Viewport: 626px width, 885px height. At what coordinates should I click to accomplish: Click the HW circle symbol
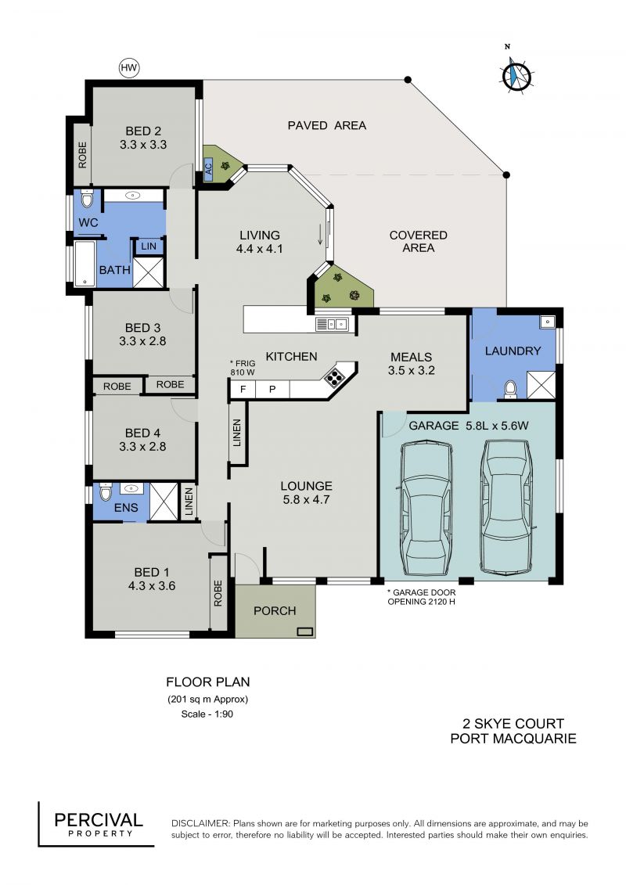click(129, 68)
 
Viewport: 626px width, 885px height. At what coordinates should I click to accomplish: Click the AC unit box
click(207, 168)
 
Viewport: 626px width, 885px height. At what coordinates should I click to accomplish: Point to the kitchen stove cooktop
click(334, 376)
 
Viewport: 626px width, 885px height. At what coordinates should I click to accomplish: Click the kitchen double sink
click(333, 324)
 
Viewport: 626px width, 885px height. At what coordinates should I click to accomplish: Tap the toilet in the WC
click(87, 199)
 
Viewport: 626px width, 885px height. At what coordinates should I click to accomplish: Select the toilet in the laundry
click(510, 390)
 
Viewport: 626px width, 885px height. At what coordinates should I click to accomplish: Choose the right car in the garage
click(505, 505)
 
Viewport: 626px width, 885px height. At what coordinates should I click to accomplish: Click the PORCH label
click(275, 610)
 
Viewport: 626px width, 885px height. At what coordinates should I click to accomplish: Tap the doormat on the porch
click(305, 631)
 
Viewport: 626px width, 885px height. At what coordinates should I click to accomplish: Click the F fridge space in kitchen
click(243, 390)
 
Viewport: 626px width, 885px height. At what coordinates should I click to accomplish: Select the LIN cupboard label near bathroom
click(149, 246)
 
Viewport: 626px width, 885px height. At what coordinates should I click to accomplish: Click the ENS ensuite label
click(126, 507)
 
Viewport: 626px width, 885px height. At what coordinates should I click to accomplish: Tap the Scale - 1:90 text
click(207, 714)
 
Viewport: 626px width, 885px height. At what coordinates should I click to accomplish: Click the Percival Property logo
click(96, 825)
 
